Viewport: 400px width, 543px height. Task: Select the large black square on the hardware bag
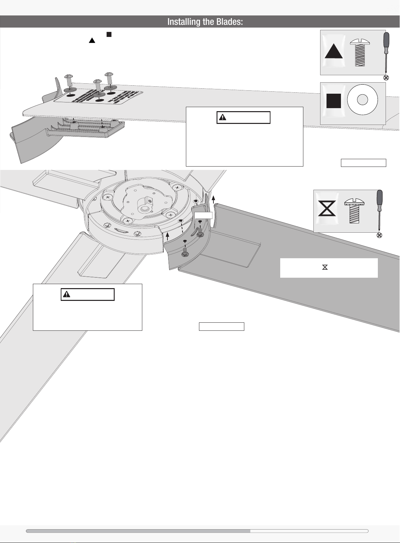334,101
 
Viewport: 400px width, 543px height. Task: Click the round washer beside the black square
362,100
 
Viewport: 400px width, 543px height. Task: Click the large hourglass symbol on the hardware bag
327,209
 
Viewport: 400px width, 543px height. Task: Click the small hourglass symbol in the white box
325,267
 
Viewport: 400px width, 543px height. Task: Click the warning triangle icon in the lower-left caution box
67,294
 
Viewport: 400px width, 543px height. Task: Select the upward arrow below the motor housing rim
167,235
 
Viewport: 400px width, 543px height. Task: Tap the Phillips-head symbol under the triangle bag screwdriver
386,78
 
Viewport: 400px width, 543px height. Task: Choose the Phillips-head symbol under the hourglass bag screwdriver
379,235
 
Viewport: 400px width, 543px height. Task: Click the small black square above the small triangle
109,34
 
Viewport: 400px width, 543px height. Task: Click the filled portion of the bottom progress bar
138,531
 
